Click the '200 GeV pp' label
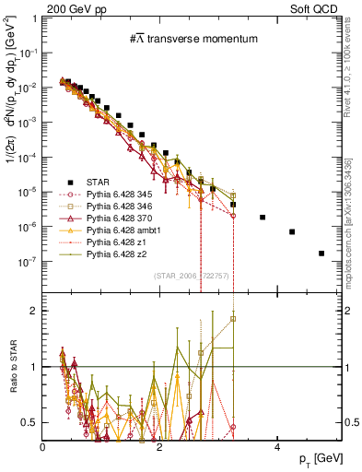[68, 8]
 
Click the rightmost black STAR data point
[321, 253]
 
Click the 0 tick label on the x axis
[42, 447]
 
